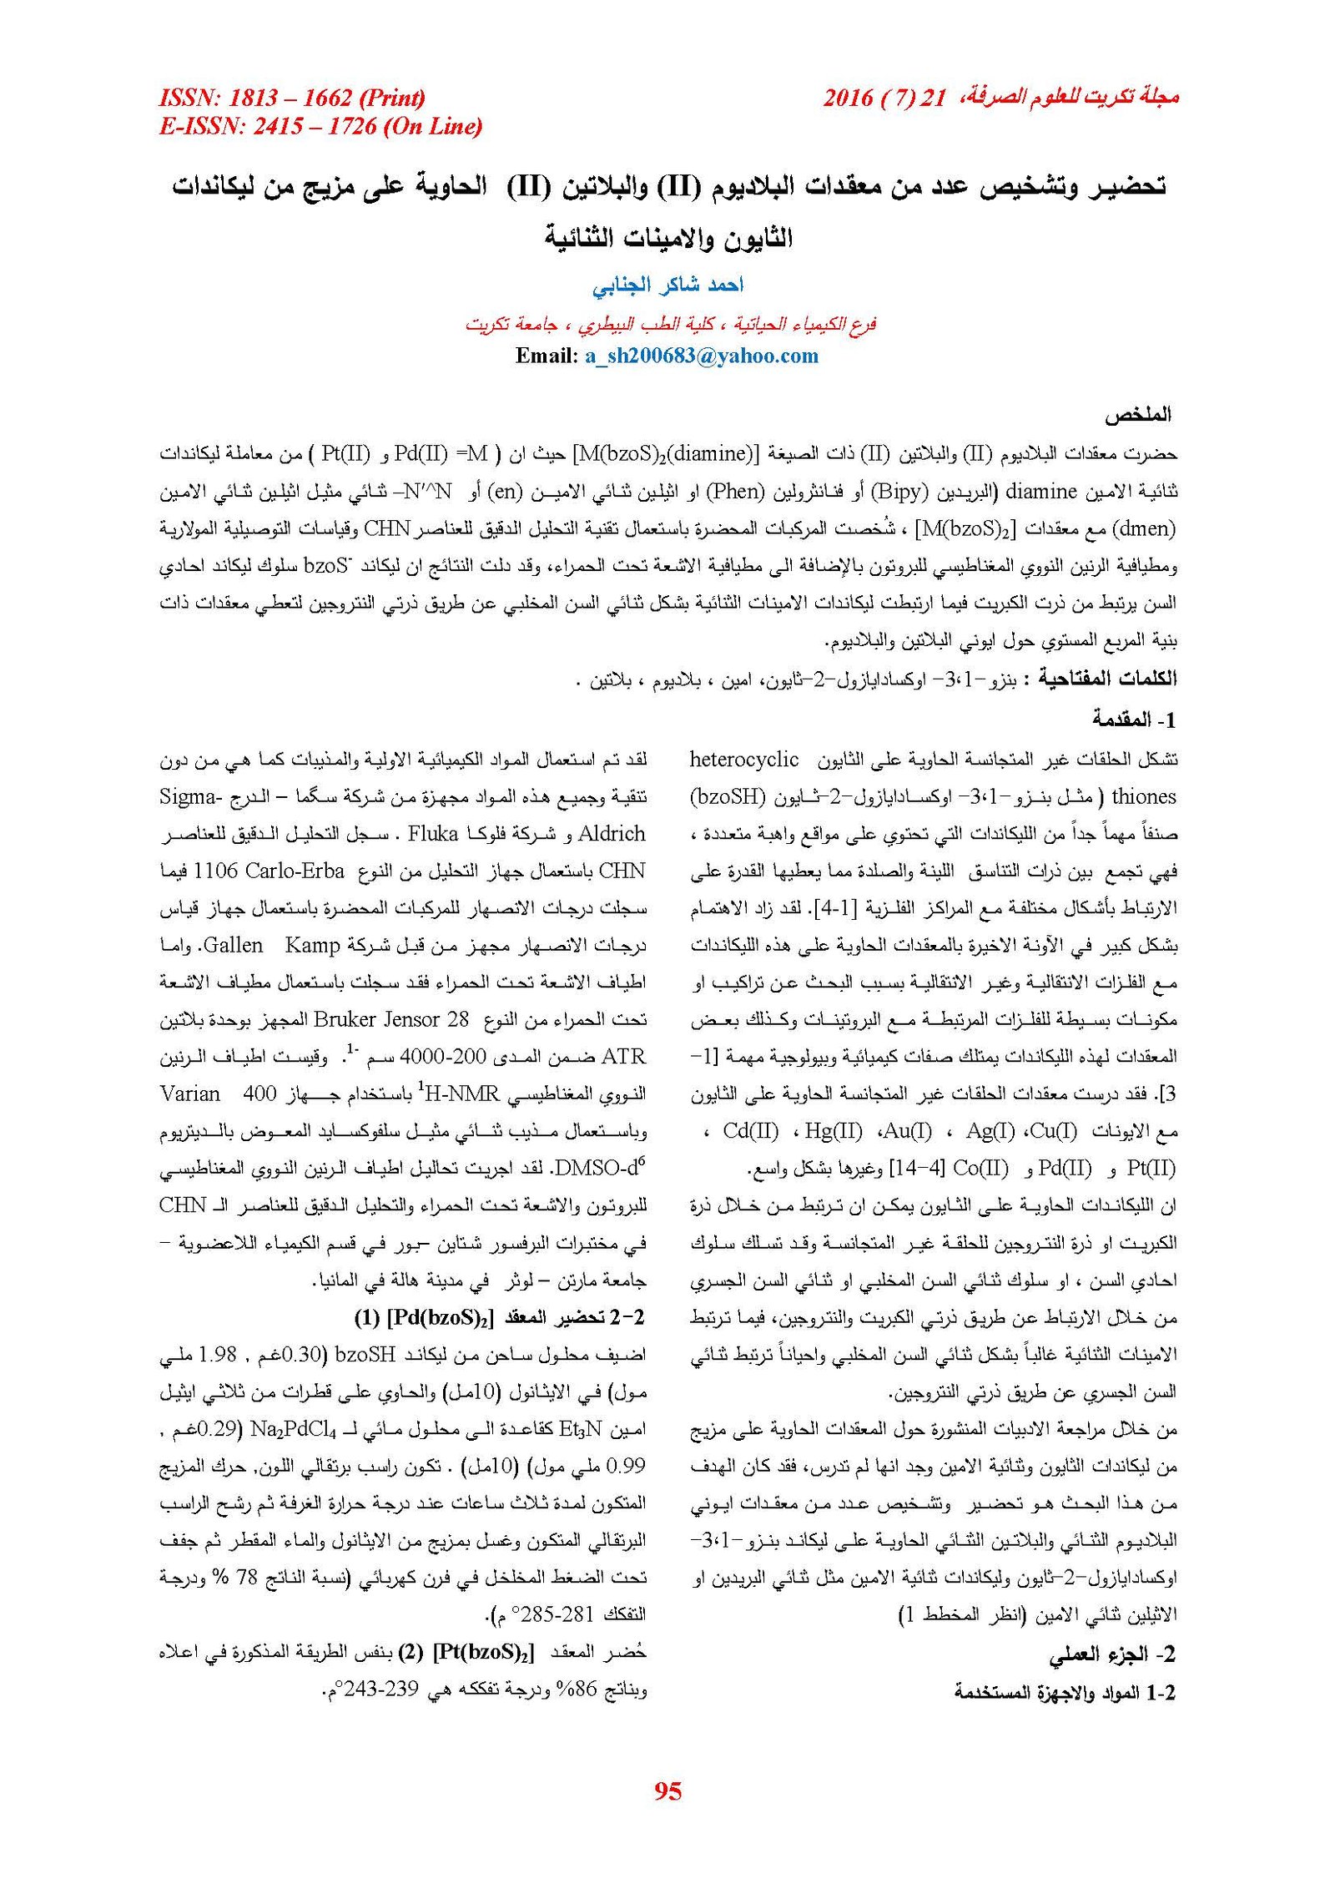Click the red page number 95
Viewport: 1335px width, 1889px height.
tap(667, 1790)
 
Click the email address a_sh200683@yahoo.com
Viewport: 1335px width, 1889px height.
tap(701, 356)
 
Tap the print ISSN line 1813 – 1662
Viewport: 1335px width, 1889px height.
tap(292, 98)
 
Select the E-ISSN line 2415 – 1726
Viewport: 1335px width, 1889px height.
tap(320, 127)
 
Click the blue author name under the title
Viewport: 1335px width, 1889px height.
tap(667, 285)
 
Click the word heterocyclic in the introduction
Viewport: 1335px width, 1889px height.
tap(744, 760)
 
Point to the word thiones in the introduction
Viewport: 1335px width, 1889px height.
tap(1143, 797)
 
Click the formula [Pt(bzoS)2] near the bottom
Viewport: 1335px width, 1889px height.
tap(483, 1654)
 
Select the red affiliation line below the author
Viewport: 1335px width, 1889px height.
tap(670, 324)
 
